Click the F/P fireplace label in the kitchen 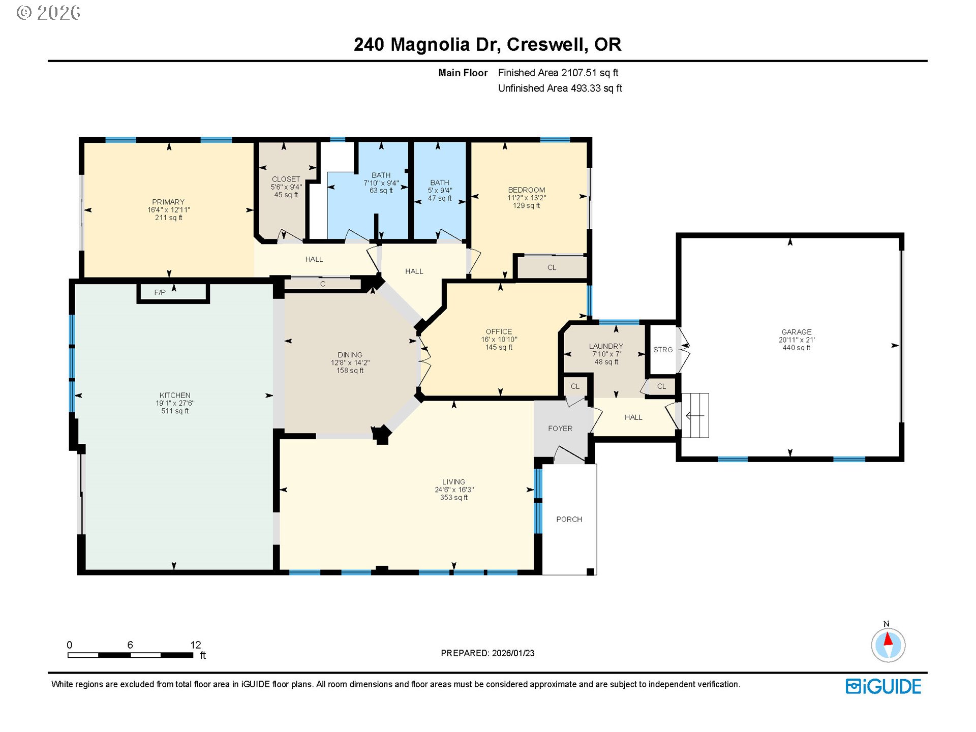pos(160,293)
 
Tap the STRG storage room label pos(662,350)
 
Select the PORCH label pos(569,519)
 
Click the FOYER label pos(560,429)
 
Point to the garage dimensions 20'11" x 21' pos(796,340)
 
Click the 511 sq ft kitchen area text pos(175,411)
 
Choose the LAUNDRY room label pos(605,346)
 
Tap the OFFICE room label pos(498,331)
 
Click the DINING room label pos(350,355)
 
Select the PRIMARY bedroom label pos(168,202)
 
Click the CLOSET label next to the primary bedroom pos(286,179)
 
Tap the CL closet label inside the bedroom pos(552,267)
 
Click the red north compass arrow pos(888,639)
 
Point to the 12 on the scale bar pos(196,645)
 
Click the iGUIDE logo pos(883,686)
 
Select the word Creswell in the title pos(547,45)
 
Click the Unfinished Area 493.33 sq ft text pos(560,88)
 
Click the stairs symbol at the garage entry pos(695,415)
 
